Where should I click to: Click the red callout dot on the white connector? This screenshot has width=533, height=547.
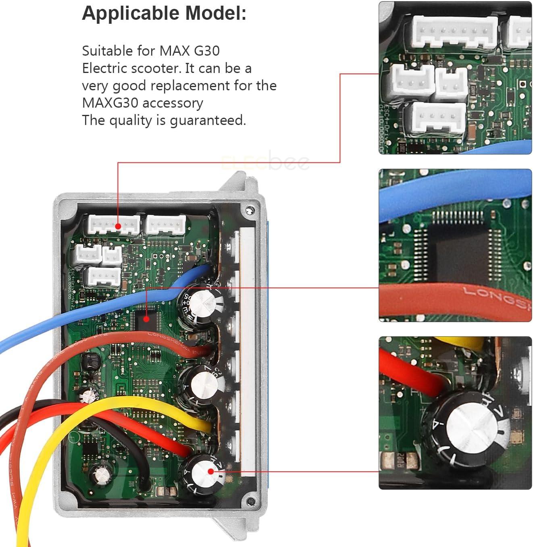pyautogui.click(x=118, y=227)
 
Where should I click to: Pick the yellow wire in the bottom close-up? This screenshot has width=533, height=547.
pyautogui.click(x=460, y=343)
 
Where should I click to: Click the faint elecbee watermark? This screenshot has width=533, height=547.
pyautogui.click(x=266, y=162)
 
